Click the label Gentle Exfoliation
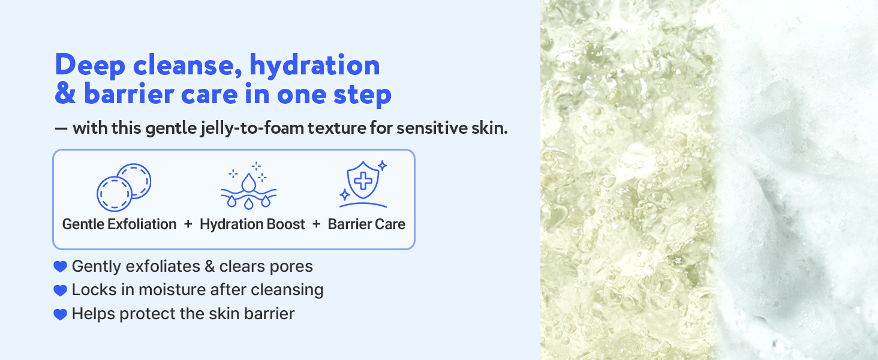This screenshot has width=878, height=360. tap(119, 224)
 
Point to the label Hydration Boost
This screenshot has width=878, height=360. tap(252, 224)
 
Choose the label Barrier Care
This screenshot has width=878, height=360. tap(366, 224)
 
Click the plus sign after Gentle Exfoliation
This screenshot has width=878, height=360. tap(188, 224)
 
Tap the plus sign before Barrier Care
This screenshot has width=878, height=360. tap(317, 224)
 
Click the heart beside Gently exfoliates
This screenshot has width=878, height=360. tap(60, 266)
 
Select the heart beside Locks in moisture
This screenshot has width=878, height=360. tap(60, 290)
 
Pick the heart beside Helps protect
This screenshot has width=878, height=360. tap(60, 314)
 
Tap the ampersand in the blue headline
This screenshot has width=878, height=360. tap(64, 95)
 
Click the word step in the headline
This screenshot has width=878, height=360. tap(363, 95)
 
